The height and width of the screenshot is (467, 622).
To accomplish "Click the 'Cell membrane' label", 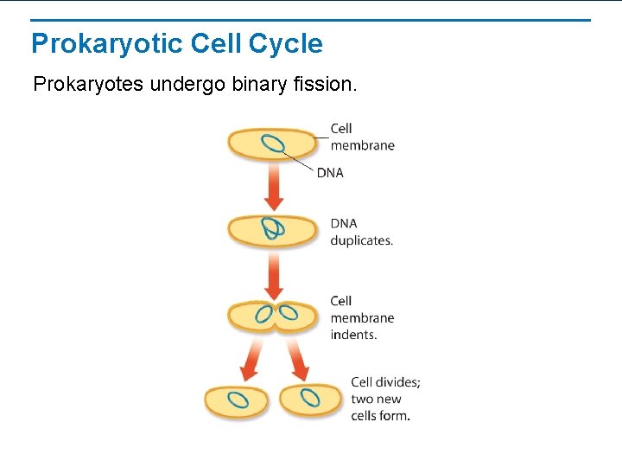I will tap(361, 137).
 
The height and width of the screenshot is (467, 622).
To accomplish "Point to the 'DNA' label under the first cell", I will tap(330, 173).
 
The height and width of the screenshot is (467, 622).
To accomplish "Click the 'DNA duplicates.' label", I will tap(361, 232).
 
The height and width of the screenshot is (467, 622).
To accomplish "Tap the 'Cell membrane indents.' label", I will tap(361, 317).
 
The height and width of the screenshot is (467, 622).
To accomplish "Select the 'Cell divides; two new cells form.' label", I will tap(385, 399).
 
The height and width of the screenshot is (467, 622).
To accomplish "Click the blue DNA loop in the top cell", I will tap(273, 144).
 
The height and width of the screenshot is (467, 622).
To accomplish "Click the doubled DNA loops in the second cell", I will tap(273, 228).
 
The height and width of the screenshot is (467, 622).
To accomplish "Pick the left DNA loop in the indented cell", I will tap(263, 315).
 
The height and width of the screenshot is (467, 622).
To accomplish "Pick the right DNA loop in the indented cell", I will tap(287, 314).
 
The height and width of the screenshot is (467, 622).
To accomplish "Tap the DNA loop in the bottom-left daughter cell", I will tap(238, 400).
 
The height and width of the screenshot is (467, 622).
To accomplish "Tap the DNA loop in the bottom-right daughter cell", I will tap(311, 400).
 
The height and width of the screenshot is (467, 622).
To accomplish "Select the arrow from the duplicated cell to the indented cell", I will tap(274, 272).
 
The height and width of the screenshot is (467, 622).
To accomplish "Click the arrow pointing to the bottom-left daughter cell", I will tap(252, 358).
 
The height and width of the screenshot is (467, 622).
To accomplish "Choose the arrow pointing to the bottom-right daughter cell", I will tap(296, 358).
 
